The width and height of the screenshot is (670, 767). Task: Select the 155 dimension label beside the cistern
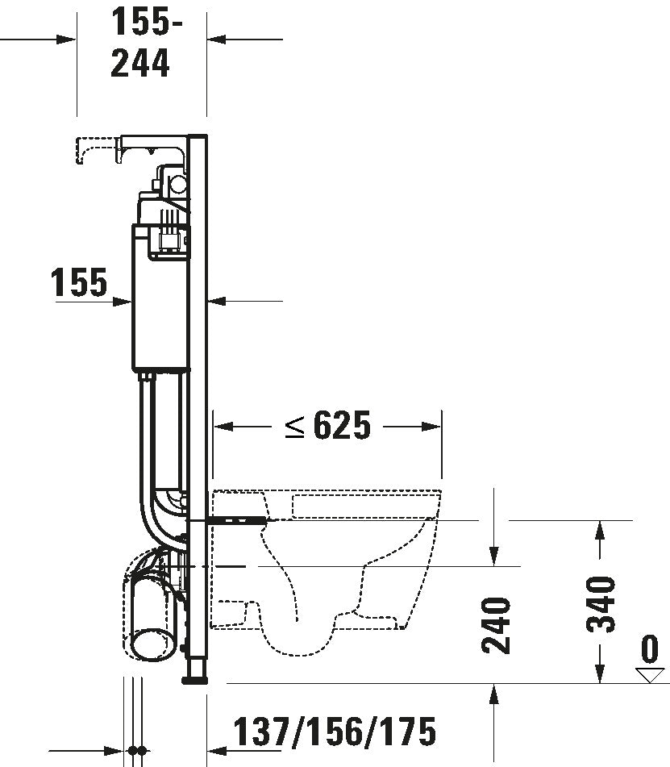[x=79, y=283]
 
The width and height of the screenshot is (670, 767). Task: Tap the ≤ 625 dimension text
[x=328, y=426]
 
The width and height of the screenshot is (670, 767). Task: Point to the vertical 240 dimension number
[x=495, y=624]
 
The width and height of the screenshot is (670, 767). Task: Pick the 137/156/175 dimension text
[x=335, y=732]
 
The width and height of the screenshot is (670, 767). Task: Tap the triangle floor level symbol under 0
[x=647, y=674]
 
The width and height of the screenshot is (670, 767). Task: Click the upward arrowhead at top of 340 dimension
[x=598, y=529]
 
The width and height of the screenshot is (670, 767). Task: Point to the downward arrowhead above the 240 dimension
[x=495, y=557]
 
